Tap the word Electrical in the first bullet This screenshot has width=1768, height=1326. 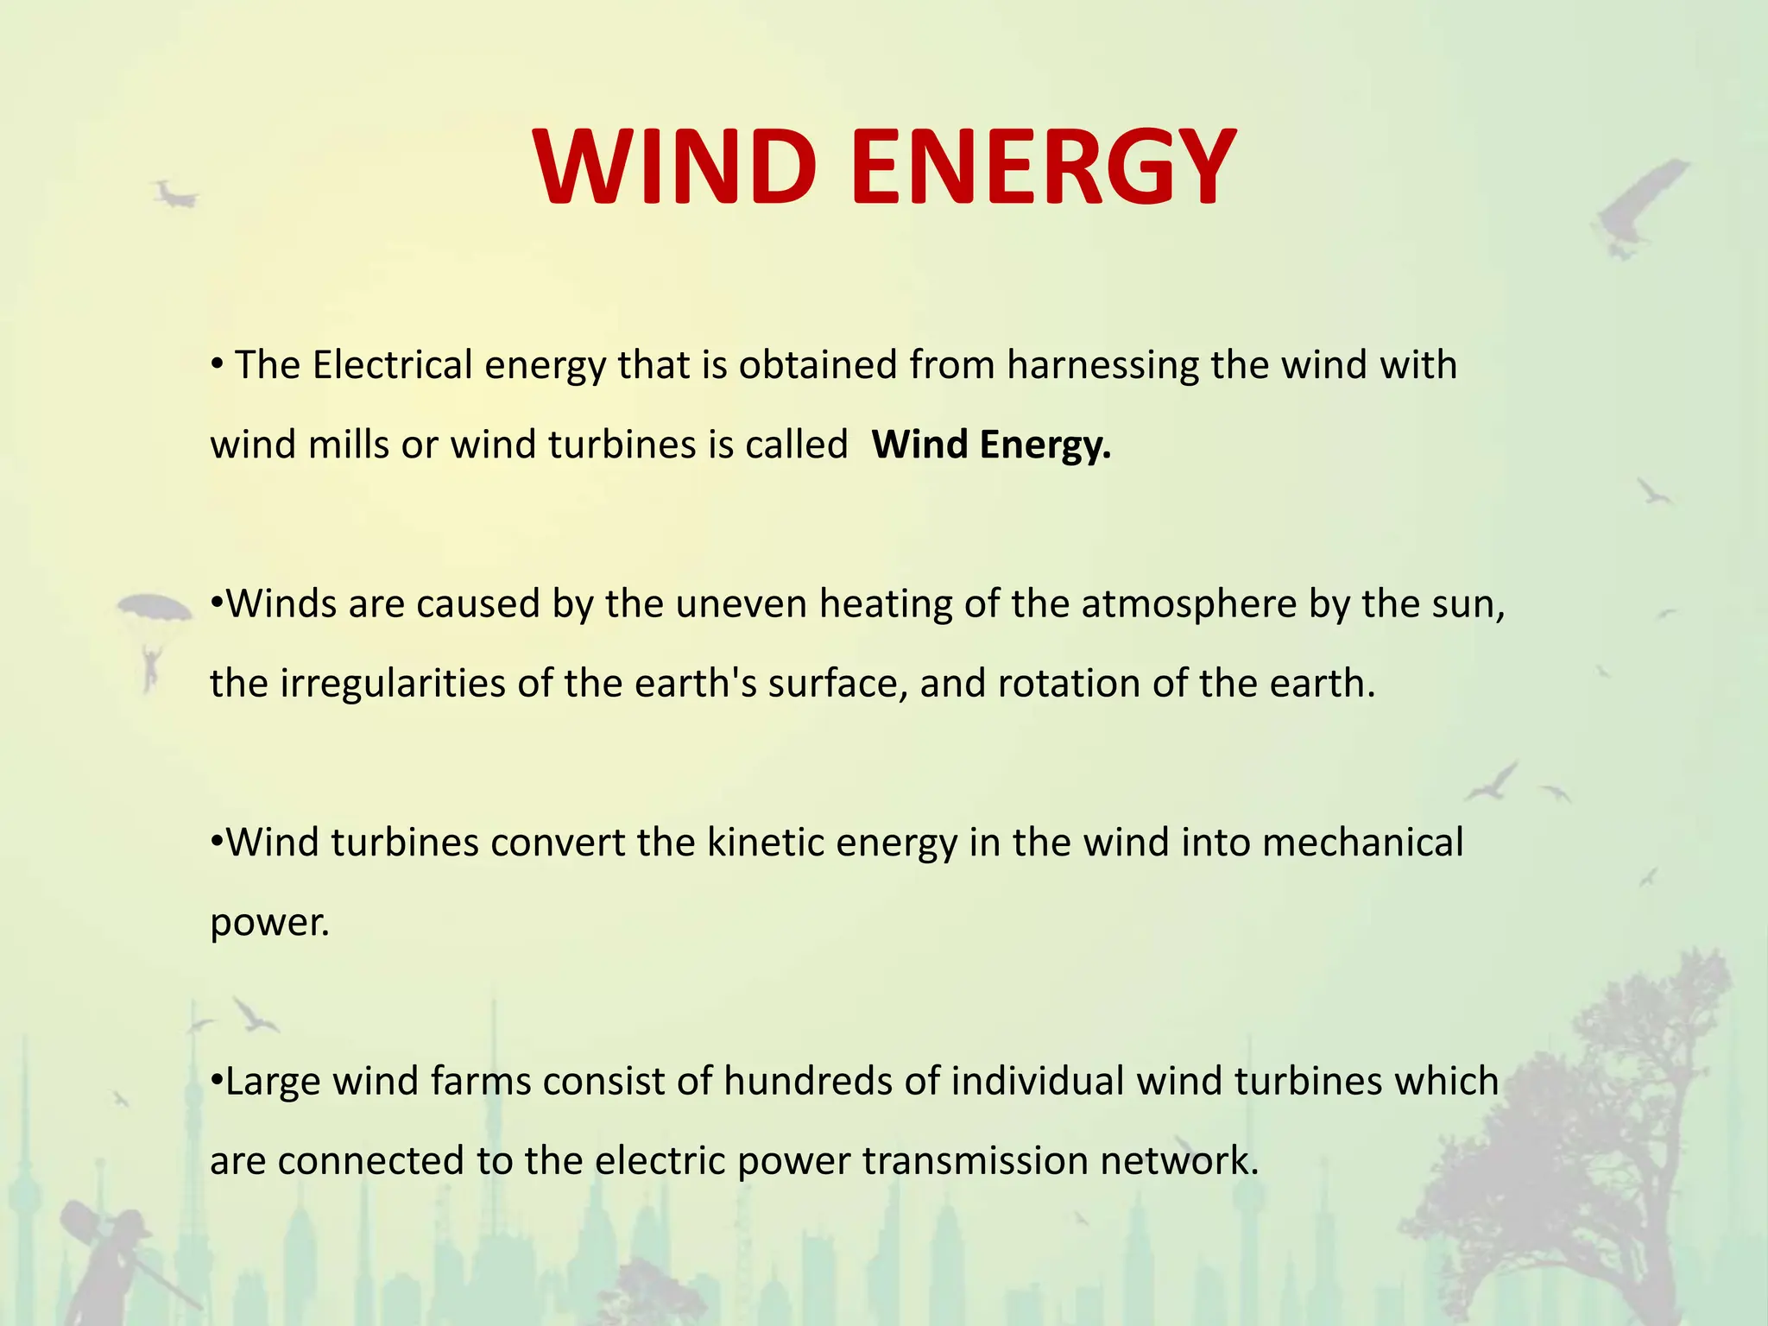click(x=392, y=365)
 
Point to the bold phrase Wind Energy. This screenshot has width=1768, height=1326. click(x=991, y=445)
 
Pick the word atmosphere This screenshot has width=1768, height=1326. click(x=1189, y=604)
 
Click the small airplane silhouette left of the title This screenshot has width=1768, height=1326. click(x=175, y=195)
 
